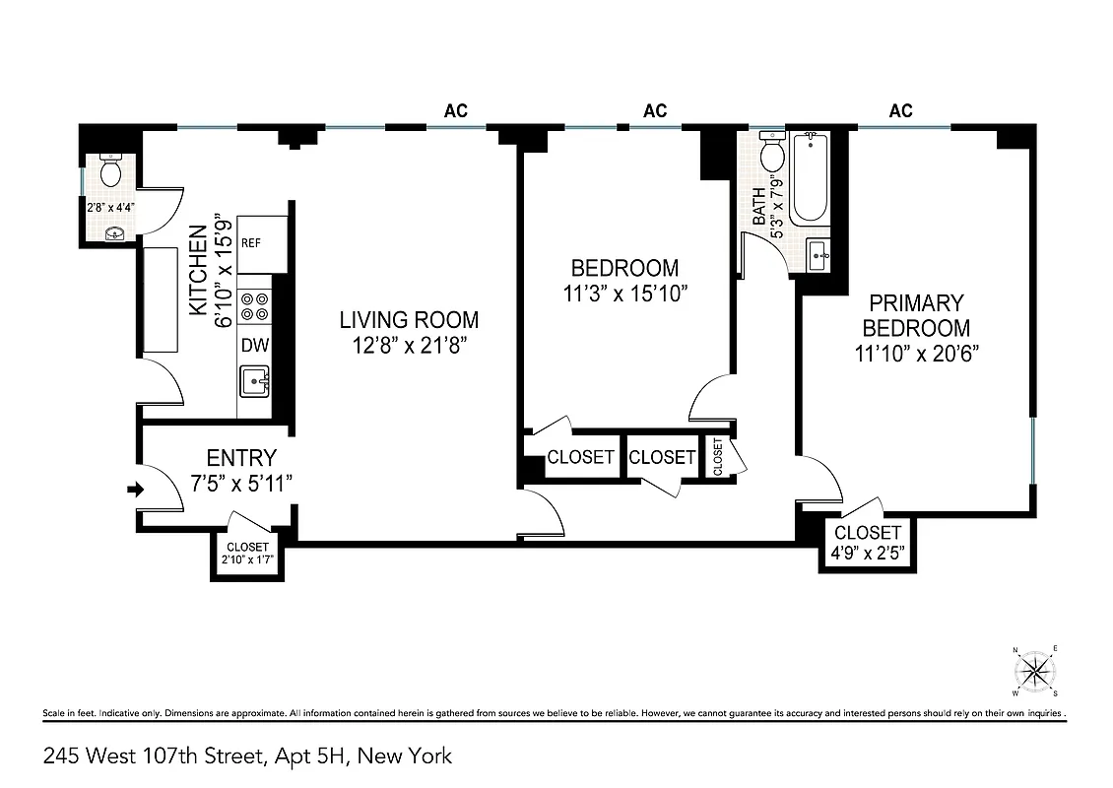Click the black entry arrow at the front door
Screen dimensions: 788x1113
136,488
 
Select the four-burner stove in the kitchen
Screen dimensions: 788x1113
255,305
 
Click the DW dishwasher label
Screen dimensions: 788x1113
255,346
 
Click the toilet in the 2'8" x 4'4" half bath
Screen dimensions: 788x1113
110,172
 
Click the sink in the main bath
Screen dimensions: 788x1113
817,255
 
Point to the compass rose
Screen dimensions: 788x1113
1034,672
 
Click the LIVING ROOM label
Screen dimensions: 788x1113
409,320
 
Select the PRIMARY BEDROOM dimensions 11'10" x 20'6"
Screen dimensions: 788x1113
916,354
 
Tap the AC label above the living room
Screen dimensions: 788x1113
455,111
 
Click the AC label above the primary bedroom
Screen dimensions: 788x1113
900,111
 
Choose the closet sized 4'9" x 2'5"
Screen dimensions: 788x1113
868,543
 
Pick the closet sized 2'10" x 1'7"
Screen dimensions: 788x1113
247,555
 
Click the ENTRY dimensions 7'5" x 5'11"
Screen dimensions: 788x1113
241,482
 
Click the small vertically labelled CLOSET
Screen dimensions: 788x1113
717,458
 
